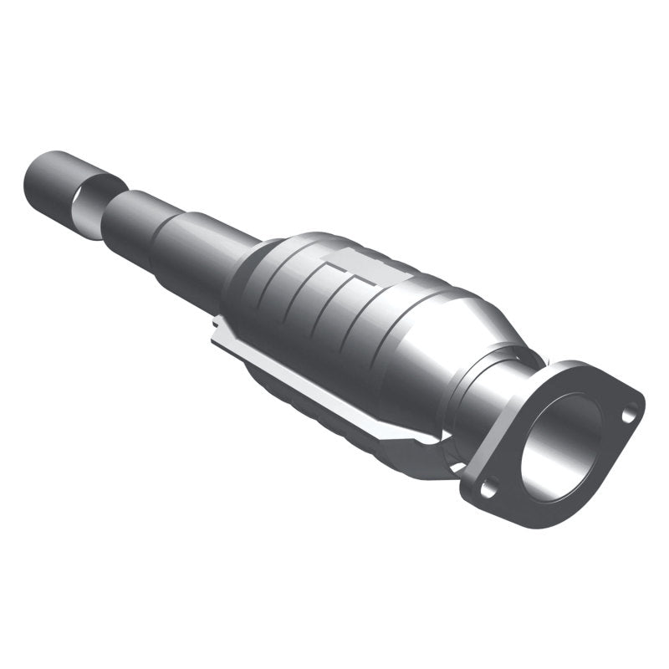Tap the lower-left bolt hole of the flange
[x=489, y=483]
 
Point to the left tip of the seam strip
[x=216, y=326]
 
